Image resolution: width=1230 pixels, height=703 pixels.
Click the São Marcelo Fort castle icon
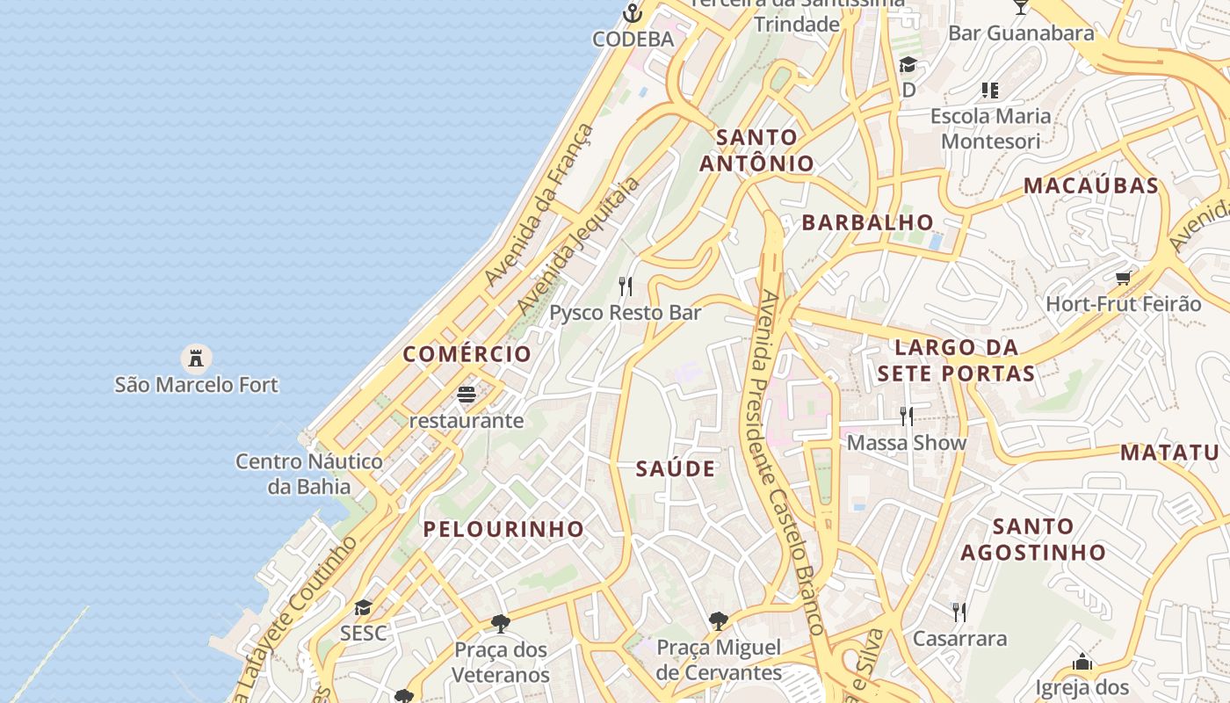[x=196, y=358]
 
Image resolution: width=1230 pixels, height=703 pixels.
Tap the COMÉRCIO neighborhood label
[x=467, y=354]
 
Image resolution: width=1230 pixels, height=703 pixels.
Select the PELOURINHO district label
[x=503, y=529]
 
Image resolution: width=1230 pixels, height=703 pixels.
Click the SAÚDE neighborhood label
[x=676, y=469]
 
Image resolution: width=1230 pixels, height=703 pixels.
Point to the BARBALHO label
[x=867, y=222]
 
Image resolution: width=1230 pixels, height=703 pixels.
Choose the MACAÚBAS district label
[x=1091, y=186]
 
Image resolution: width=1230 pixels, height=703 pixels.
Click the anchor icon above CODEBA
[x=632, y=13]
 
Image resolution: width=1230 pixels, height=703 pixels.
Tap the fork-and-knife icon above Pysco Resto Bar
[x=626, y=286]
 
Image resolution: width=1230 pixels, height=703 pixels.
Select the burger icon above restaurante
[x=467, y=394]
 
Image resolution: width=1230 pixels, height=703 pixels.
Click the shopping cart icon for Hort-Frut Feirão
[x=1123, y=279]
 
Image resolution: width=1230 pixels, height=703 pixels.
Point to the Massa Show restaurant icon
[x=907, y=416]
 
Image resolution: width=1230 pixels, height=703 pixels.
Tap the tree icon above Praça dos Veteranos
[x=501, y=624]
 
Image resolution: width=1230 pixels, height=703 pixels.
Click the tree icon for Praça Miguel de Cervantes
[x=719, y=621]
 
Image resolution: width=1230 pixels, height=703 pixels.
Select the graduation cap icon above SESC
[x=363, y=607]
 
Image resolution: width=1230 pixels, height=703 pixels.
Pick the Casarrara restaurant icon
[x=959, y=612]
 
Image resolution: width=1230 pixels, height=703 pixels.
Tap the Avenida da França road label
[x=539, y=206]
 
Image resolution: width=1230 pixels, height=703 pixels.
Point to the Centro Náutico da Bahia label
[x=309, y=474]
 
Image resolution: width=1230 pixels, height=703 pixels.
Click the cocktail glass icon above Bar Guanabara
[x=1020, y=7]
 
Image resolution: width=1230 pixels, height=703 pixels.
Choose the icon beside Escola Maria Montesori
[x=990, y=90]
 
